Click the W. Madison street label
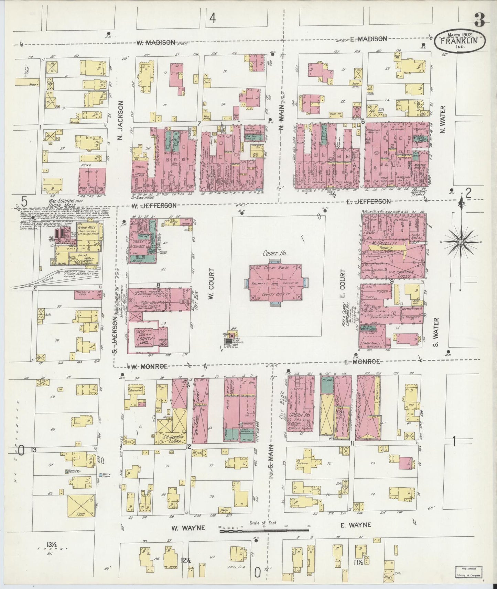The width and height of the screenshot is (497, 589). [155, 43]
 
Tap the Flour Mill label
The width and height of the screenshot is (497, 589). [85, 227]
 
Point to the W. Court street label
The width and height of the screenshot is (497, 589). [212, 284]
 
